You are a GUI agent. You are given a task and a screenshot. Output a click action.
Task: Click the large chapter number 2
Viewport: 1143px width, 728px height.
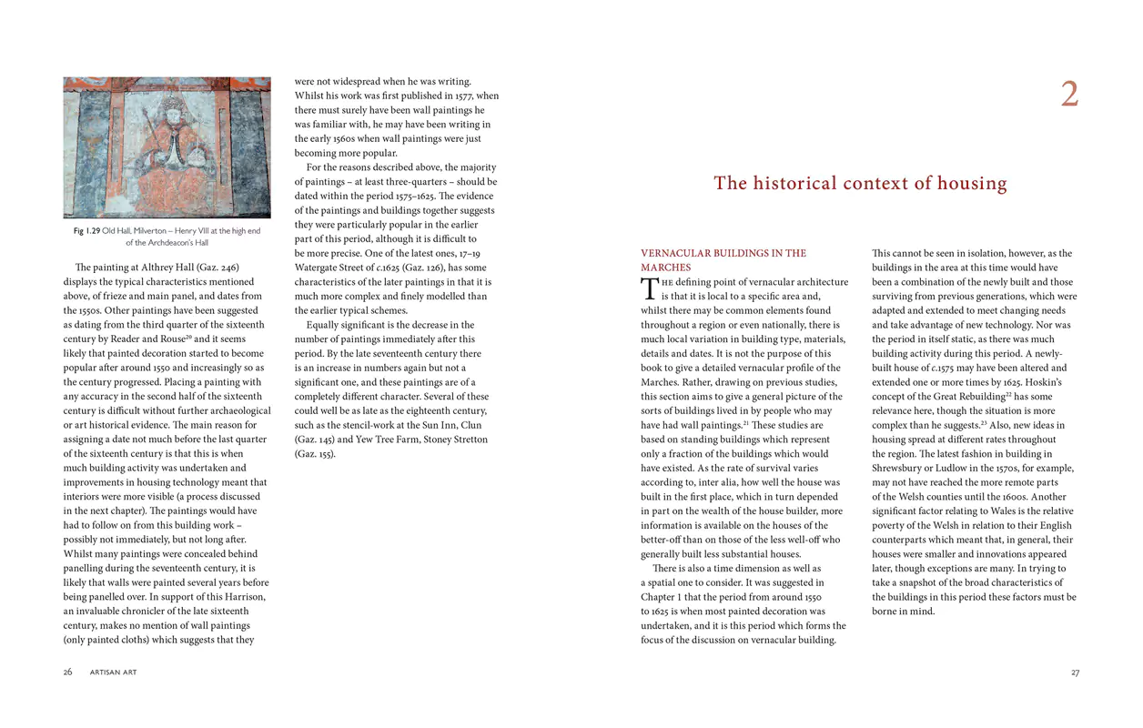(x=1069, y=95)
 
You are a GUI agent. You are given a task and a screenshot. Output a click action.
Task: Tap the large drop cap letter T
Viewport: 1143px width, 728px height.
(x=649, y=288)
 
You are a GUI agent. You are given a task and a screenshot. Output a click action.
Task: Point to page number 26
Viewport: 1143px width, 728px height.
(x=67, y=672)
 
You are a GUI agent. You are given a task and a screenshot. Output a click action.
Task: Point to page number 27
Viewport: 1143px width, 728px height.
(x=1075, y=672)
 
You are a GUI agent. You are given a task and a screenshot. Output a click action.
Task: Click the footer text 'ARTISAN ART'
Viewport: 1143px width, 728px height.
(x=114, y=672)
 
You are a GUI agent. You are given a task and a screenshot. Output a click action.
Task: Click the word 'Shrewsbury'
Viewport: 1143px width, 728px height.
(x=902, y=454)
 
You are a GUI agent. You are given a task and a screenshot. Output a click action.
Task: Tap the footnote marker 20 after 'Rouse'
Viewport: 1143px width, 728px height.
(x=189, y=337)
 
